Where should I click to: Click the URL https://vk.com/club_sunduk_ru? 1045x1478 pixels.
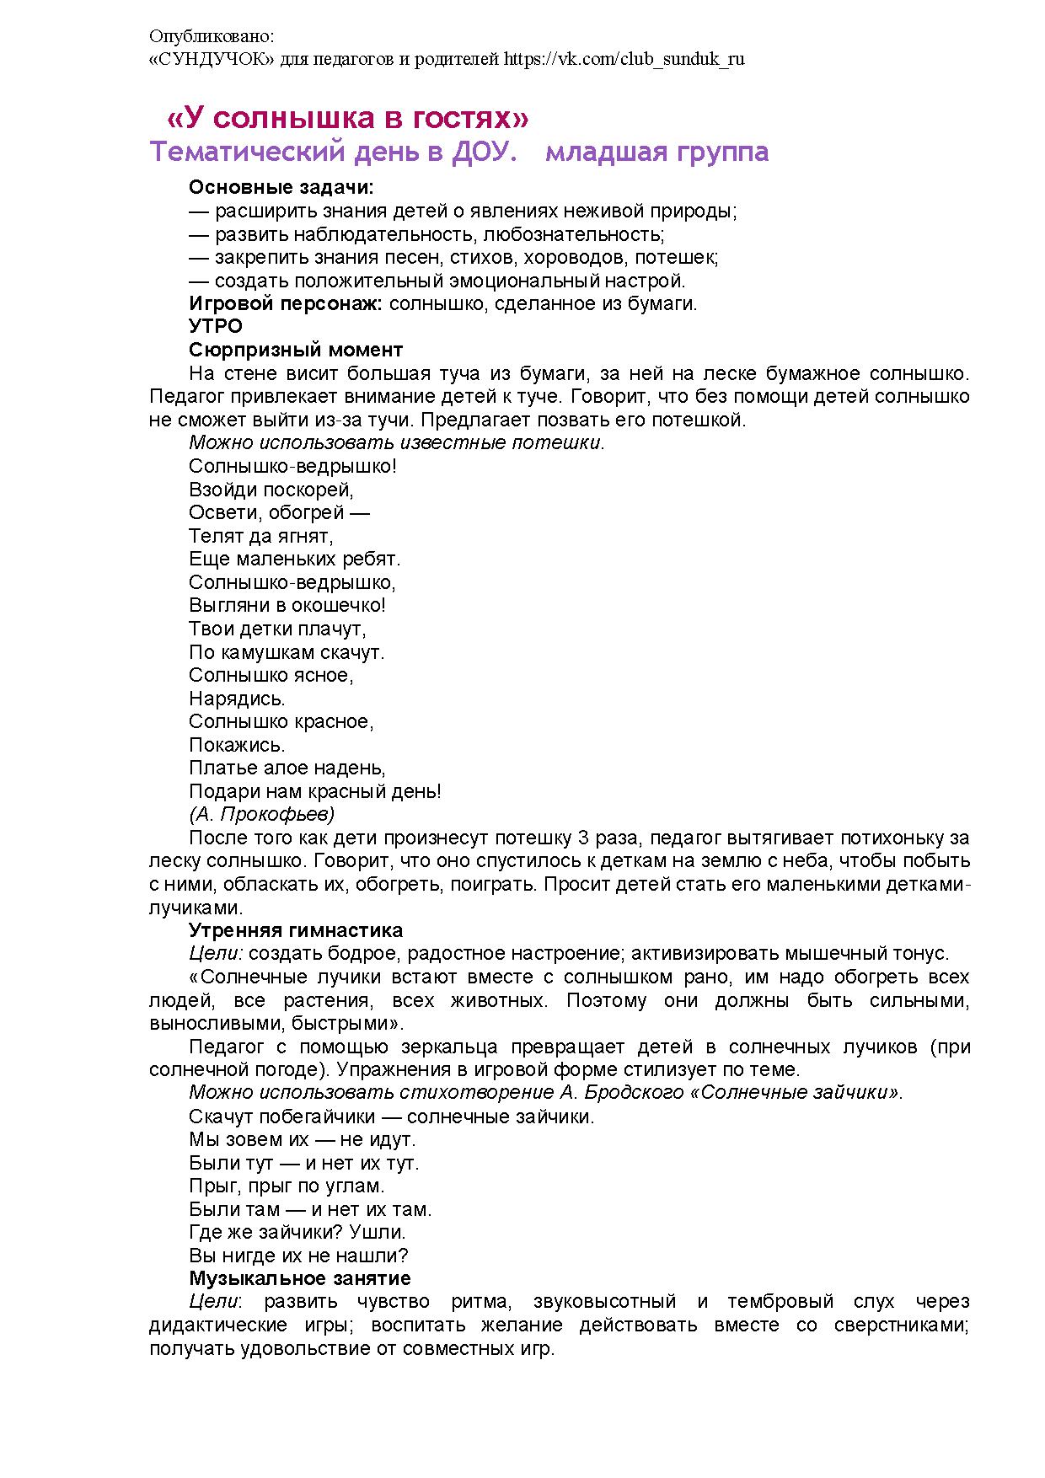pos(624,60)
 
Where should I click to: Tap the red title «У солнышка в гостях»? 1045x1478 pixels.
pos(348,117)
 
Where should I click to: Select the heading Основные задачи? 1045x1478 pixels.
pos(281,187)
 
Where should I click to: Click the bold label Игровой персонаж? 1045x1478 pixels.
pos(286,303)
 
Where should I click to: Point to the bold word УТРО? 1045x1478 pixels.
pos(216,326)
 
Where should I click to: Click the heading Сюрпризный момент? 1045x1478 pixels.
pos(296,350)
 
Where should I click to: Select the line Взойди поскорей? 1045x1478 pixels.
pos(271,490)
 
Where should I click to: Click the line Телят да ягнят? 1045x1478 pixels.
pos(261,536)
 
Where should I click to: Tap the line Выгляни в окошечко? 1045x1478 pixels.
pos(287,605)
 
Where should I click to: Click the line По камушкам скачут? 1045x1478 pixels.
pos(287,652)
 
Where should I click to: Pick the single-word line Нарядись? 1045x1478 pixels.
pos(237,699)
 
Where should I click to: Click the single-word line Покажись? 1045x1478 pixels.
pos(237,745)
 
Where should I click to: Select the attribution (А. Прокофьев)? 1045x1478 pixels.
pos(262,814)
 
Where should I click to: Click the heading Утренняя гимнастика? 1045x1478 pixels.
pos(296,930)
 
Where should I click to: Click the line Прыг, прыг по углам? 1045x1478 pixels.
pos(287,1186)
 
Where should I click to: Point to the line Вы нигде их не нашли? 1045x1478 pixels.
pos(298,1256)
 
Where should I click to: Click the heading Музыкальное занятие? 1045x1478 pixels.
pos(299,1278)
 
